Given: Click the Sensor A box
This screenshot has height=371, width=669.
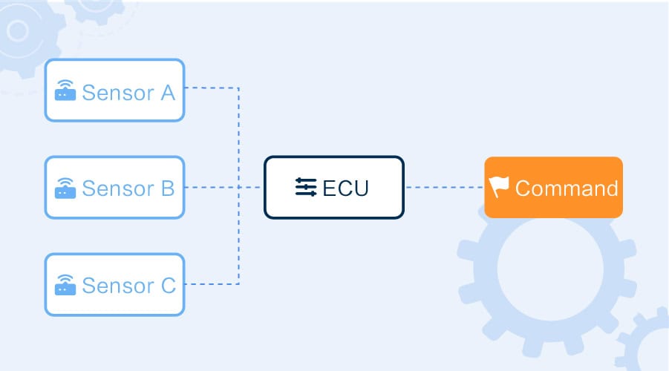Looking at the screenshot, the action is pyautogui.click(x=115, y=90).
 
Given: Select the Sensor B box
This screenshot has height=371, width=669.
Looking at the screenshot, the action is pyautogui.click(x=115, y=187).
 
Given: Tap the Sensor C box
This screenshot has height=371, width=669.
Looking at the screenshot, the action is pyautogui.click(x=115, y=284).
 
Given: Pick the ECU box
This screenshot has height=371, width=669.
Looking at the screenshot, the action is pyautogui.click(x=334, y=187).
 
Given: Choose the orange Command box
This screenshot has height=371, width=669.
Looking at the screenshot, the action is pyautogui.click(x=553, y=187).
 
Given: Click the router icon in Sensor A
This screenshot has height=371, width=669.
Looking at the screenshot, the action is pyautogui.click(x=65, y=91).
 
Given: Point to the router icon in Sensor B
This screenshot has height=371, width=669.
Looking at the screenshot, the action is pyautogui.click(x=65, y=188).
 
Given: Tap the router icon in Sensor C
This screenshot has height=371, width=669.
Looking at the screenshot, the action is pyautogui.click(x=65, y=285).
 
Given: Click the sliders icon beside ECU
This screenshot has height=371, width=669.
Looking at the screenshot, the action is pyautogui.click(x=306, y=187).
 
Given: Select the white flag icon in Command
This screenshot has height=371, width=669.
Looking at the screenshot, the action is pyautogui.click(x=499, y=187).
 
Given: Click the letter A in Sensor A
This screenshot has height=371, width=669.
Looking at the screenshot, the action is pyautogui.click(x=168, y=93).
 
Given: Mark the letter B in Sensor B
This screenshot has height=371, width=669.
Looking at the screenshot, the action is pyautogui.click(x=168, y=188).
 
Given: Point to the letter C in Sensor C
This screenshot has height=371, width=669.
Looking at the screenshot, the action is pyautogui.click(x=168, y=285).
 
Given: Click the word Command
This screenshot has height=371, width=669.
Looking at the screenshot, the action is pyautogui.click(x=567, y=188).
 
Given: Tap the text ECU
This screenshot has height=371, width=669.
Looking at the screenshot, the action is pyautogui.click(x=345, y=188).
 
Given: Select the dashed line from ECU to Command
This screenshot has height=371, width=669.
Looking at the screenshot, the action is pyautogui.click(x=444, y=187).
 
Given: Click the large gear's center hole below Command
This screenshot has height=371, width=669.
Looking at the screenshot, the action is pyautogui.click(x=550, y=269).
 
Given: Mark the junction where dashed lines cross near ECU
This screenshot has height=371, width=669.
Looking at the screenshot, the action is pyautogui.click(x=238, y=187).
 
